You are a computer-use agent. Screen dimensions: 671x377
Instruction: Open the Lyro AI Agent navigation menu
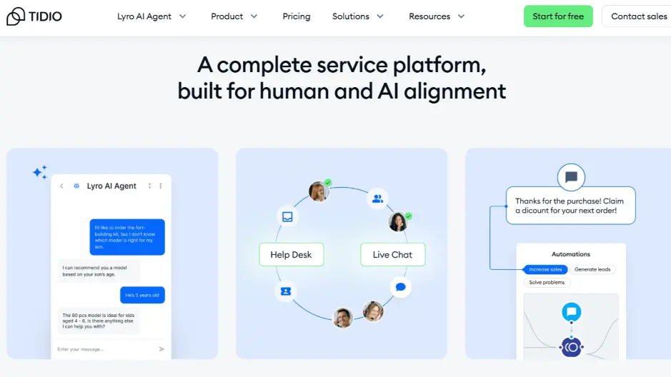coord(151,16)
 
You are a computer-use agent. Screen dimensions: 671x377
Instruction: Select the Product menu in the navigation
coord(234,16)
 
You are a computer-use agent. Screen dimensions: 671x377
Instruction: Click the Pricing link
coord(297,16)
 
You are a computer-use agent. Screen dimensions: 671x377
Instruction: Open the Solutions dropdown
coord(358,16)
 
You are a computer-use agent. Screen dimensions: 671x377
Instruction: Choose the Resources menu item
coord(437,16)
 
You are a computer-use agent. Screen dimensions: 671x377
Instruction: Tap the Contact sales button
coord(638,16)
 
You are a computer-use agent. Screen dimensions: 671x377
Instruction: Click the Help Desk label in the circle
coord(291,255)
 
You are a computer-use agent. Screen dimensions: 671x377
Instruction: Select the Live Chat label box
coord(392,255)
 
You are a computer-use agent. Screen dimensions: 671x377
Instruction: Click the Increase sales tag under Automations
coord(545,269)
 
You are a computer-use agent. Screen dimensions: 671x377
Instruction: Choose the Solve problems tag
coord(547,283)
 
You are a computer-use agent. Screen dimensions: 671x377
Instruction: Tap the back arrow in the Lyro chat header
coord(61,186)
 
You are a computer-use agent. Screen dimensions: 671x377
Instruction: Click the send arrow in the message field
coord(161,349)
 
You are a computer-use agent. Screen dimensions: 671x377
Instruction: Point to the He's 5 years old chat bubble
coord(142,295)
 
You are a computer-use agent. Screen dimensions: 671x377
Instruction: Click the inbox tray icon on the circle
coord(287,217)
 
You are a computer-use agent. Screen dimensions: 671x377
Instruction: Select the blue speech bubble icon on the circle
coord(401,287)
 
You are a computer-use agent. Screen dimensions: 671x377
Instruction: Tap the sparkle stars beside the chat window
coord(40,172)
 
